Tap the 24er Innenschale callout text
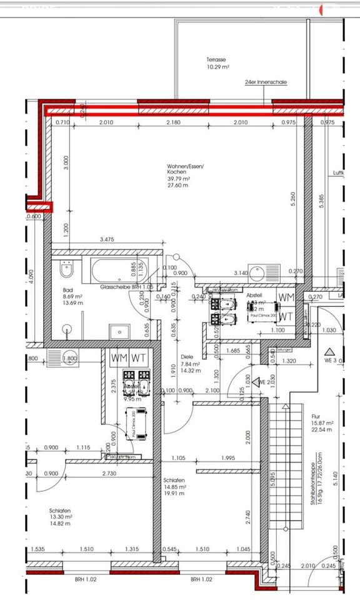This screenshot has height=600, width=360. pyautogui.click(x=266, y=82)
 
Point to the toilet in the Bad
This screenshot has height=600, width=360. pyautogui.click(x=66, y=270)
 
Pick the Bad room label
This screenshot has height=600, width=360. pyautogui.click(x=68, y=291)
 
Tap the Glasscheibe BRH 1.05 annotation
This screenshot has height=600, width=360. pyautogui.click(x=127, y=286)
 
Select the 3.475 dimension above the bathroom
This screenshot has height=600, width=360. pyautogui.click(x=110, y=239)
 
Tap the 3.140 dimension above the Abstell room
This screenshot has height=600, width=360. pyautogui.click(x=240, y=272)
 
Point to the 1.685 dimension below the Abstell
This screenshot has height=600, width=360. pyautogui.click(x=232, y=351)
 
